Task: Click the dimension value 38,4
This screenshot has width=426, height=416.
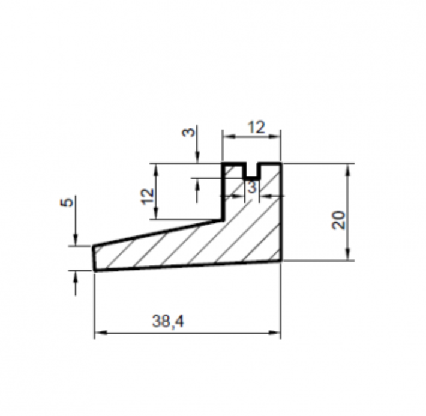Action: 168,321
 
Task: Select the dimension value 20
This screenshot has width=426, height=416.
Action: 338,220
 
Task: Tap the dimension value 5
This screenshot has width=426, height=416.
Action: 67,202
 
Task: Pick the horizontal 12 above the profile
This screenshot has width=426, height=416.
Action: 256,127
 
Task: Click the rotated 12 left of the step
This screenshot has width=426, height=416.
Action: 148,196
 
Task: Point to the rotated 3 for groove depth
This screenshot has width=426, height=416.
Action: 189,133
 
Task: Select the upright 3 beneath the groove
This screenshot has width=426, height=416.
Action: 252,187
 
